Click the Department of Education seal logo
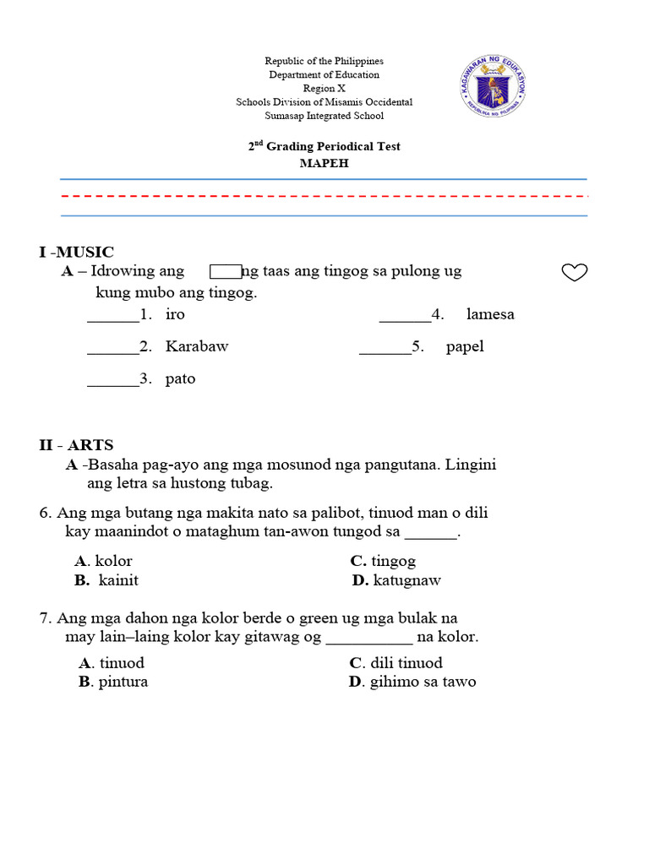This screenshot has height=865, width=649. pos(493,87)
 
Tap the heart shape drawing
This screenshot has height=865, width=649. pos(575,272)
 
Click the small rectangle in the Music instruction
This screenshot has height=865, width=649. pos(226,271)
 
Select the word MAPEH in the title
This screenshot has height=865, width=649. pos(324,163)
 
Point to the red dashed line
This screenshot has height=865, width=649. pos(324,196)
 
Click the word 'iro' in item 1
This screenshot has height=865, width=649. pos(175,314)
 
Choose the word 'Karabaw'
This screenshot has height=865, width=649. pos(197,346)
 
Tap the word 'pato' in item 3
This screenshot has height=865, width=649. pos(180,378)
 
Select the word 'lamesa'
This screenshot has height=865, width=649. pos(490,314)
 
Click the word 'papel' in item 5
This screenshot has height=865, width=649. pos(465,346)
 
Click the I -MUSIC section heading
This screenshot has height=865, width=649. pos(76,252)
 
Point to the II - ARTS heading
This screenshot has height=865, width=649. pos(76,445)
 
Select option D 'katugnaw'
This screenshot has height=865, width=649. pos(396,580)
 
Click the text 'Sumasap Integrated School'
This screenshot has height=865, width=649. pos(324,116)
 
